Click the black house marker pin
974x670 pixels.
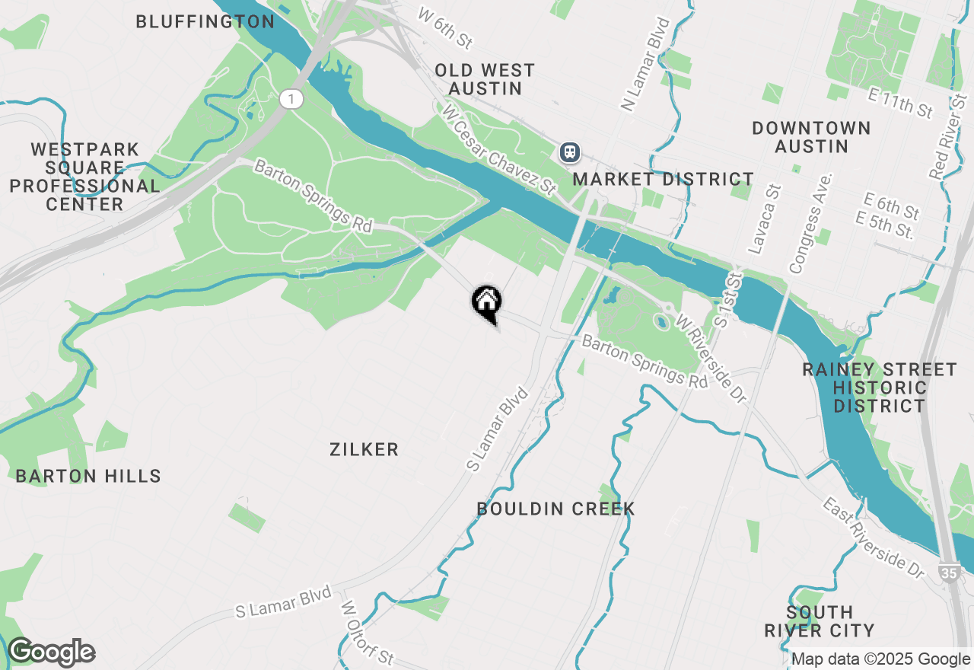pyautogui.click(x=486, y=302)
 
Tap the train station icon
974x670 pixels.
pyautogui.click(x=570, y=152)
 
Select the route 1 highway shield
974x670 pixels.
pyautogui.click(x=291, y=98)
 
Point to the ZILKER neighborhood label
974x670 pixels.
pyautogui.click(x=364, y=449)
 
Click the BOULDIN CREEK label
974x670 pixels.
pyautogui.click(x=555, y=509)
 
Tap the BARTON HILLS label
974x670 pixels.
pyautogui.click(x=88, y=476)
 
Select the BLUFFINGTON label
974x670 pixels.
pyautogui.click(x=205, y=21)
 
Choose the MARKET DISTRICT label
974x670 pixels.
pyautogui.click(x=663, y=179)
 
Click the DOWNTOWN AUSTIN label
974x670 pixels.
pyautogui.click(x=811, y=137)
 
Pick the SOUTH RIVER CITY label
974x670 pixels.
pyautogui.click(x=819, y=621)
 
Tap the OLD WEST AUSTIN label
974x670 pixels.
pyautogui.click(x=485, y=79)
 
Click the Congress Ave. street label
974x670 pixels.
pyautogui.click(x=811, y=223)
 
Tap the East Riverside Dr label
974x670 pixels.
pyautogui.click(x=873, y=537)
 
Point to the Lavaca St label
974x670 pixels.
pyautogui.click(x=765, y=219)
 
